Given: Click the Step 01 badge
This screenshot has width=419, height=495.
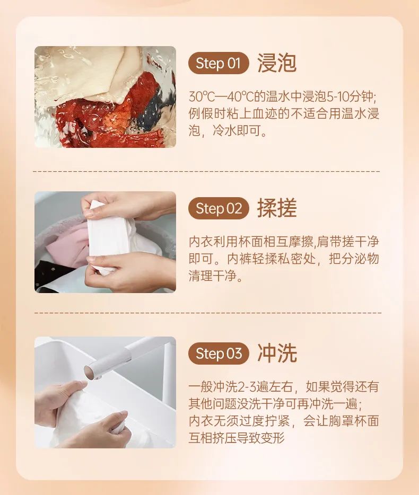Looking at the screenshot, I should click(x=218, y=64).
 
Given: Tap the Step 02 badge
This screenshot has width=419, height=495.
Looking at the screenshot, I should click(x=219, y=208).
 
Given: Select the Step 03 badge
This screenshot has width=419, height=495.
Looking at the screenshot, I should click(x=219, y=353).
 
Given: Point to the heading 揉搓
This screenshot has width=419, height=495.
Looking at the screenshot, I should click(x=276, y=208).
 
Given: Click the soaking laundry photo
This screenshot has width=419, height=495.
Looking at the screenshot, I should click(x=105, y=96).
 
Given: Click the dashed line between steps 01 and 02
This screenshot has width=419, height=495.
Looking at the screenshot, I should click(x=207, y=171).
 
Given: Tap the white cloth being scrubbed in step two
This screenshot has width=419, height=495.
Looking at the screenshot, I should click(x=109, y=236).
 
